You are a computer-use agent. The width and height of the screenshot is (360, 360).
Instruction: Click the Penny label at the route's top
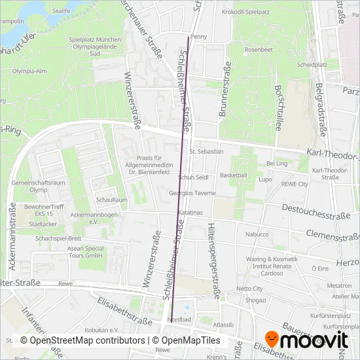pos(197,37)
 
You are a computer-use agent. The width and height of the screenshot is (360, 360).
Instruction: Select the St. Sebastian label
pos(207,151)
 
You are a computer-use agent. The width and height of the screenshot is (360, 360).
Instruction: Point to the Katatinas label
pos(190,213)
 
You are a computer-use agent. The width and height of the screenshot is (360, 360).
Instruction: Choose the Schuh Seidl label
pos(193,177)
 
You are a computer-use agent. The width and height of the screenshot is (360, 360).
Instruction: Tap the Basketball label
pos(234,175)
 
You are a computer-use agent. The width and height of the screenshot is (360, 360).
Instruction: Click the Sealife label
pos(61,11)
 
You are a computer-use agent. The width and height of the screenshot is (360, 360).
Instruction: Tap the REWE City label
pos(294,185)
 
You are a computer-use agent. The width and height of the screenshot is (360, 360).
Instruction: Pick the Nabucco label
pos(257,234)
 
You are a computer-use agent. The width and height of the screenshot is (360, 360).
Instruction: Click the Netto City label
pos(249,288)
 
